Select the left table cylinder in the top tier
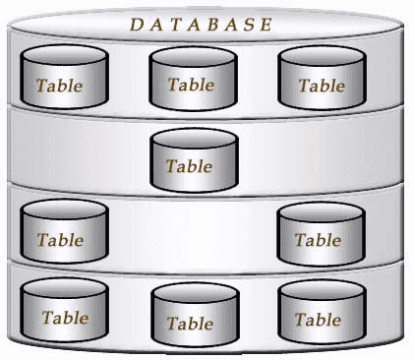[x=62, y=78]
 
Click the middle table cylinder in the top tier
[x=191, y=78]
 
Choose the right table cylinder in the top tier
[x=322, y=78]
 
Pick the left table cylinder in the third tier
[x=62, y=232]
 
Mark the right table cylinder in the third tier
[x=319, y=232]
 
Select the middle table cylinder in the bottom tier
[x=191, y=316]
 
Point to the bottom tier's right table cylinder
[x=319, y=312]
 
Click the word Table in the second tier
[x=190, y=166]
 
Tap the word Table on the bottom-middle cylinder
[x=190, y=323]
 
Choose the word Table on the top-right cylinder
[x=322, y=86]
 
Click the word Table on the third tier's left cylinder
[x=60, y=239]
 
